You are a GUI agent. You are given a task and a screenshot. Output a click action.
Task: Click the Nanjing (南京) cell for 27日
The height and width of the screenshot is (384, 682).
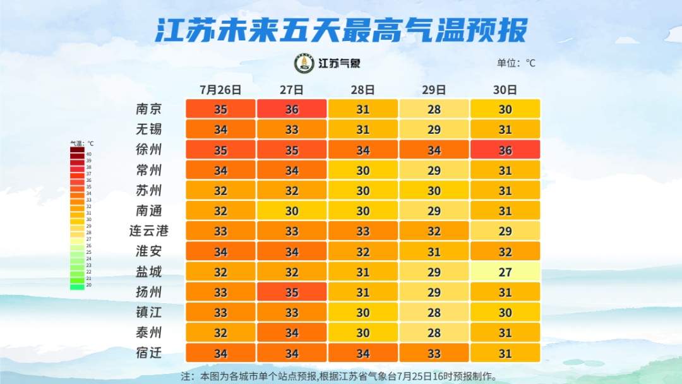[292, 109]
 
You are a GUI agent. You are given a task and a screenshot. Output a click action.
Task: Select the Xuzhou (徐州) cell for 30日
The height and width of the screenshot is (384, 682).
[505, 150]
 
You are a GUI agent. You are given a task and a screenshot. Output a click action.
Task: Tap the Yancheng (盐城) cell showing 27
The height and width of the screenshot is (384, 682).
[505, 272]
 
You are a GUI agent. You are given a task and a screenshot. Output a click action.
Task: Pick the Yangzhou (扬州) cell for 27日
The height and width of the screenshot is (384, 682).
[292, 292]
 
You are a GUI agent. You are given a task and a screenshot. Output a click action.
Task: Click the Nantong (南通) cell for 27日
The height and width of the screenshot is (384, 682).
[292, 210]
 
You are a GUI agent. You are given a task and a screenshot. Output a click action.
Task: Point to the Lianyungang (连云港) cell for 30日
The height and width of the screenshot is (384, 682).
[505, 231]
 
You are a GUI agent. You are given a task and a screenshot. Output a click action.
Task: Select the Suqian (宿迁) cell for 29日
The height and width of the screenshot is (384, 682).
[434, 352]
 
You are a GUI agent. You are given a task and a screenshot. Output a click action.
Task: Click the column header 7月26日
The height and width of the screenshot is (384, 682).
[220, 90]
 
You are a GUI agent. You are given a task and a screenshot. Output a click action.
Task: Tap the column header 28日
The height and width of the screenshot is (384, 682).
[362, 90]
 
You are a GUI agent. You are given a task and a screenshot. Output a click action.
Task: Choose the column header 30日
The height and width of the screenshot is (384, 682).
[505, 90]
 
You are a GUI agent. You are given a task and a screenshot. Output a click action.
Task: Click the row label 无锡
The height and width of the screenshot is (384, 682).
[149, 129]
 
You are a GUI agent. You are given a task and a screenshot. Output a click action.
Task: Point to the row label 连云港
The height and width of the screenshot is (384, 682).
[149, 231]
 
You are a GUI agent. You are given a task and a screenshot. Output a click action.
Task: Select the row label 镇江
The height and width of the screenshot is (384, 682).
[149, 312]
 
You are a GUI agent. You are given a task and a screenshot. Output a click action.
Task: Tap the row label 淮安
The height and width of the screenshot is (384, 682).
[149, 251]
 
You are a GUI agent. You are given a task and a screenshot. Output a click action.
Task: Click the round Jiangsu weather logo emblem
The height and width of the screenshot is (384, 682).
[304, 63]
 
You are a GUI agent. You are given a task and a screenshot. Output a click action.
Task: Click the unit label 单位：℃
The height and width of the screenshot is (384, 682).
[516, 63]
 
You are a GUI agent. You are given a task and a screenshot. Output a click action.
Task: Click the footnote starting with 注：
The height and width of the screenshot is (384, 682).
[339, 376]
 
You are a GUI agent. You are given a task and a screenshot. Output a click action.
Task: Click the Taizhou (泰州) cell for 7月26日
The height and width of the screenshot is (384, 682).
[220, 332]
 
